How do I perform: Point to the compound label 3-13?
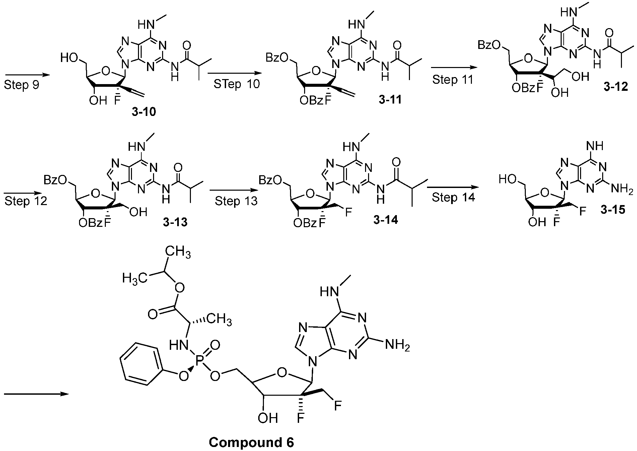coord(175,222)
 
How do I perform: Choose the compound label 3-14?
coord(385,220)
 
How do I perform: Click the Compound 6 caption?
coord(251,443)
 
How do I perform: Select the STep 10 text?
coord(237,84)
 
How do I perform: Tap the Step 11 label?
coord(453,80)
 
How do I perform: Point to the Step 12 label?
coord(26,201)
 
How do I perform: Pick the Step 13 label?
coord(236,201)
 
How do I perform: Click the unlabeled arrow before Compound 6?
coord(37,394)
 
